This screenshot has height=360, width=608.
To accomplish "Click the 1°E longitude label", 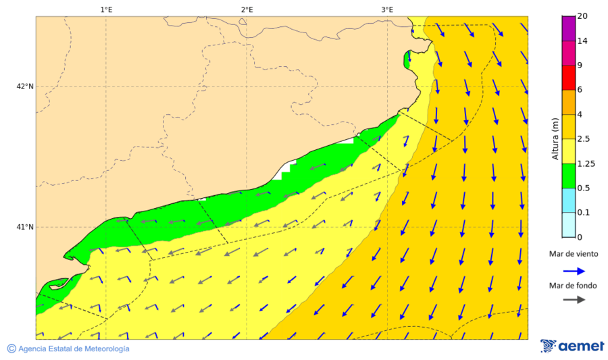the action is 106,9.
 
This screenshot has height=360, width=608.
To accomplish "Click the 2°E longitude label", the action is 247,9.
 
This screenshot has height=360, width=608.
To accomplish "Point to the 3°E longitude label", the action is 387,9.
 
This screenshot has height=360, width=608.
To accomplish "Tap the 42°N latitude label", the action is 25,86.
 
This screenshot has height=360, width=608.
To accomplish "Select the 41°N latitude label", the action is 25,227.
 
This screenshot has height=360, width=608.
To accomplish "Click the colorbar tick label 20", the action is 582,16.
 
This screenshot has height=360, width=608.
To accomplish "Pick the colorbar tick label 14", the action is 582,41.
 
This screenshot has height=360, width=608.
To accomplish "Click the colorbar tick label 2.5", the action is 584,139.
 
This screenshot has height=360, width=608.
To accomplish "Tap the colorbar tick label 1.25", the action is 586,163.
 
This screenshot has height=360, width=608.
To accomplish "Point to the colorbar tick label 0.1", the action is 584,213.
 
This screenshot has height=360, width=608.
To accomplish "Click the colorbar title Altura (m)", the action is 555,139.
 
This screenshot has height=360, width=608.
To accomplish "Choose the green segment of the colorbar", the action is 568,176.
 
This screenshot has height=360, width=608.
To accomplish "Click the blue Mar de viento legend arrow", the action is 574,270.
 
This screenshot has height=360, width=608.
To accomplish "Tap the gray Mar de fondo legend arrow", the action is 574,300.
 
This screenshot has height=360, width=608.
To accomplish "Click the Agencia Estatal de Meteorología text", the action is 73,349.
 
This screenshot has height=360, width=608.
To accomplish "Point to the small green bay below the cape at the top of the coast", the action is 407,59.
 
